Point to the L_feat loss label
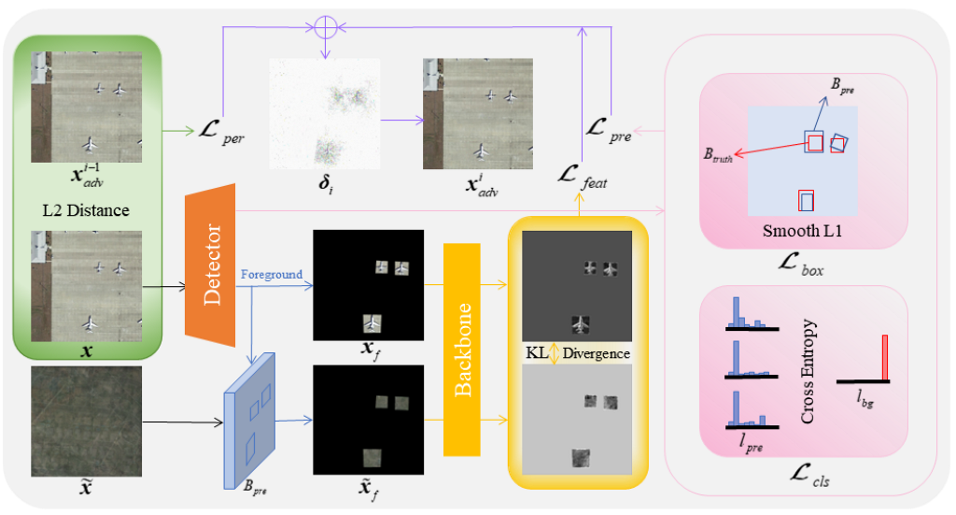(581, 175)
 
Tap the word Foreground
(270, 275)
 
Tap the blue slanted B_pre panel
(251, 421)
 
